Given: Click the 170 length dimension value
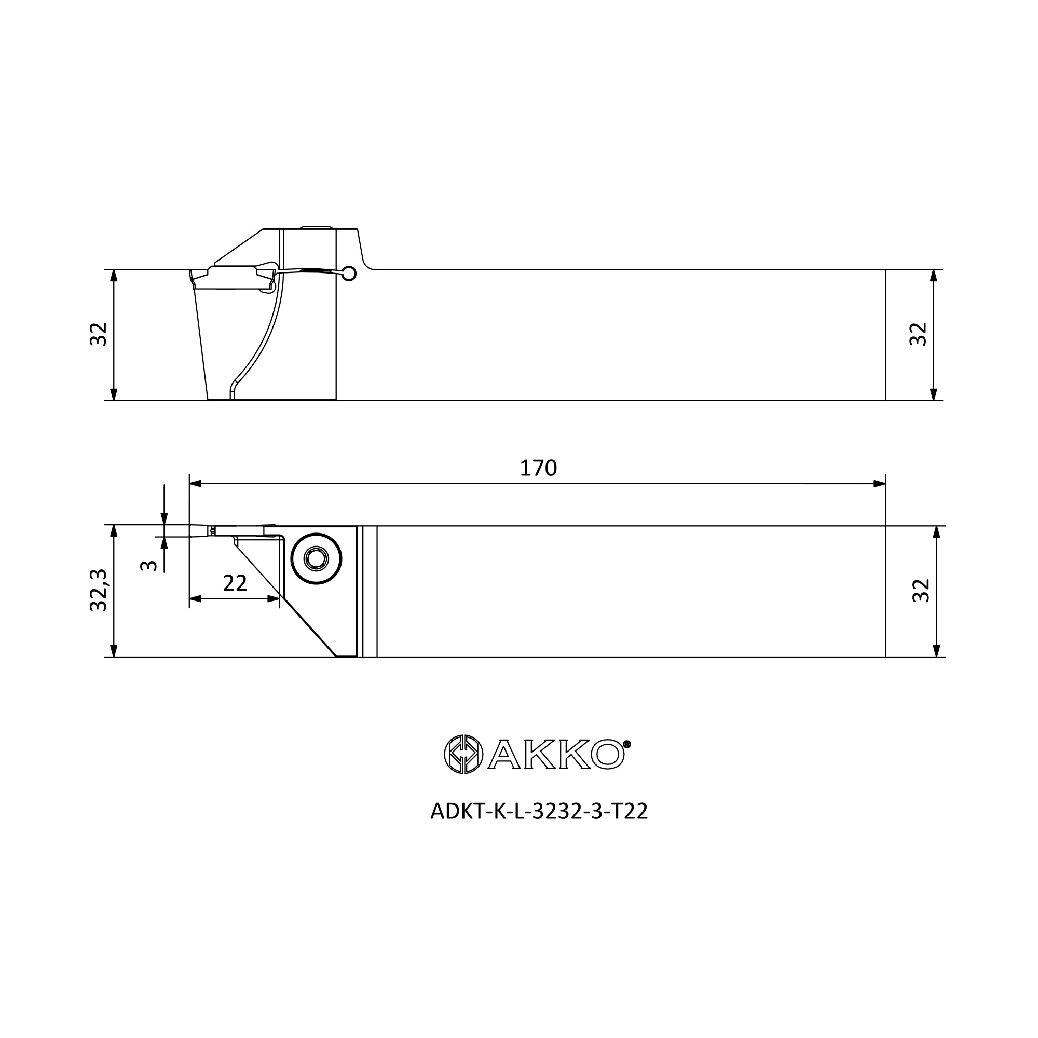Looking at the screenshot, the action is coord(538,469).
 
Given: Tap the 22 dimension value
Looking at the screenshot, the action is coord(235,583).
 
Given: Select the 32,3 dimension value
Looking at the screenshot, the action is coord(99,590).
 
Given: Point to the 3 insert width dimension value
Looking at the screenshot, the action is coord(148,566).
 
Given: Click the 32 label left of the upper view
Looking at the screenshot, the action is coord(99,334).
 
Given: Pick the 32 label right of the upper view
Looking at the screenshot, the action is coord(918,334).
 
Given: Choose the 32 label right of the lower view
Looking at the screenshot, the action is coord(921,591).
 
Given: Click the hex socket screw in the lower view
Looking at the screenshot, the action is coord(317,559).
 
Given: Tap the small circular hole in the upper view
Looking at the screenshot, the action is coord(349,274).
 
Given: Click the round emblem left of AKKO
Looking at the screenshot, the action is coord(463,754).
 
